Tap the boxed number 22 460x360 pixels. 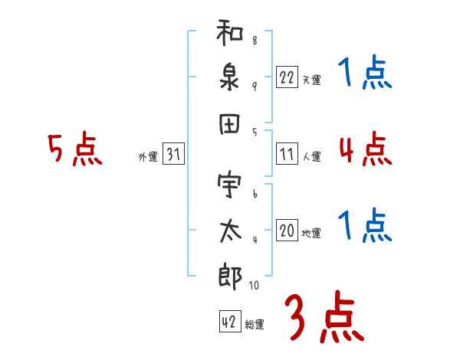tap(287, 77)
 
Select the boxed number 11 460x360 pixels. tap(287, 154)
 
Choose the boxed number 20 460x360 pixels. tap(287, 231)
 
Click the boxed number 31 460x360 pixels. tap(172, 155)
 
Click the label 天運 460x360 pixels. tap(311, 80)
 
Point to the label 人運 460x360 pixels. tap(311, 156)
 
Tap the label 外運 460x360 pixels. tap(148, 157)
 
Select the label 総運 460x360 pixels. tap(255, 325)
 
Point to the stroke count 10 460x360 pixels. tap(254, 285)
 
